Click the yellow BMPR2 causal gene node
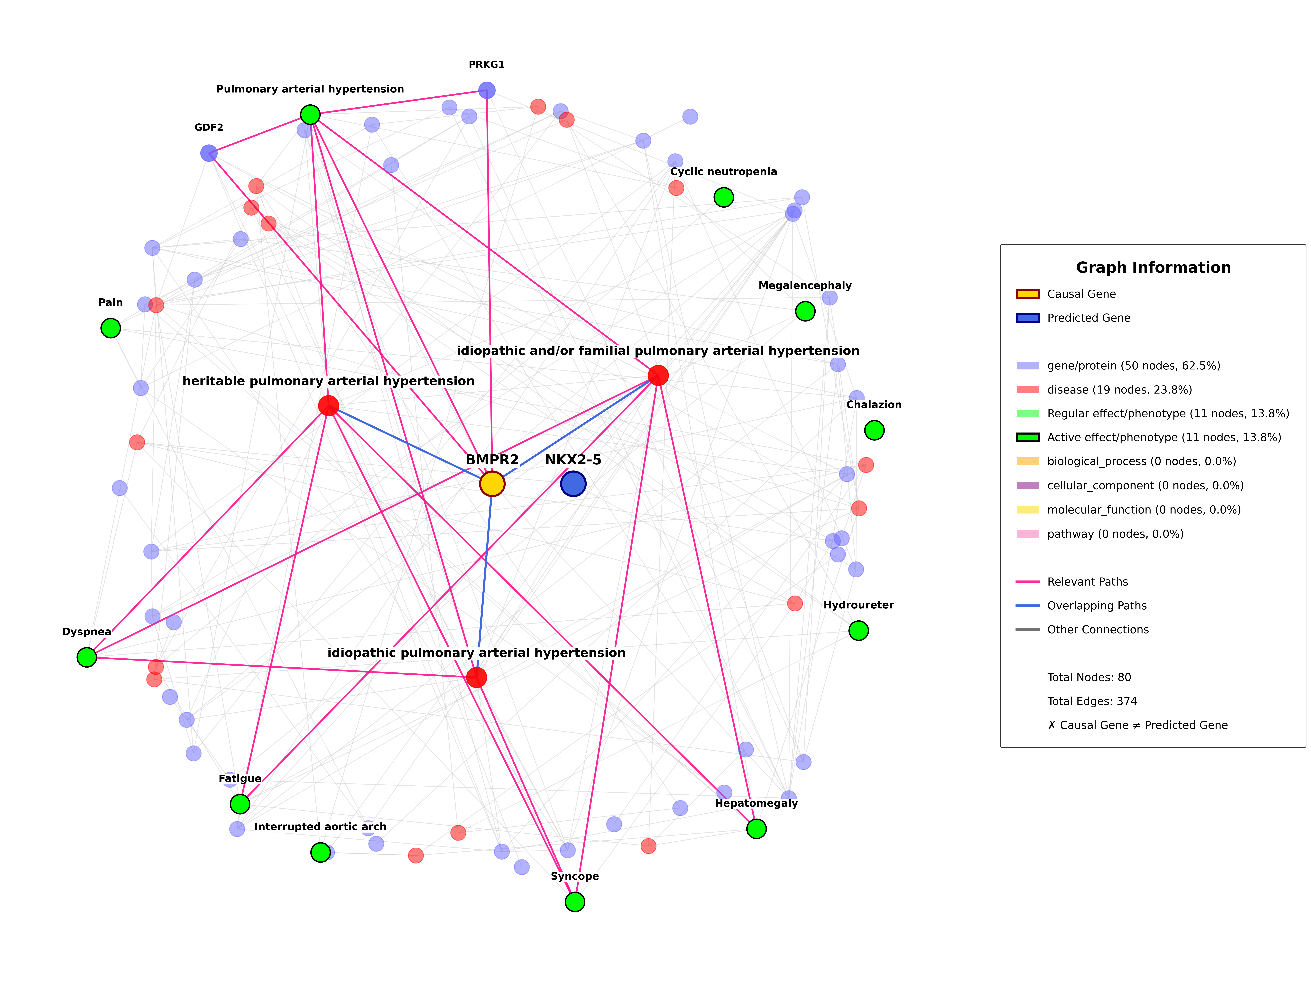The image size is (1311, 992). (492, 484)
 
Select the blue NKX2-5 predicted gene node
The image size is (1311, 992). (573, 484)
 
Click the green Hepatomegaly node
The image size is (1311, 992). (756, 828)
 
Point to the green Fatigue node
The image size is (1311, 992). (240, 804)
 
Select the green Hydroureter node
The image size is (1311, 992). (858, 631)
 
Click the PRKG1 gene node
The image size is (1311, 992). (487, 90)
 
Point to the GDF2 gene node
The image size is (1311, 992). (209, 153)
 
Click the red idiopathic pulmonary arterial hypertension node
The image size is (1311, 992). (477, 677)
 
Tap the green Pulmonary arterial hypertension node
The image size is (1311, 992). (310, 114)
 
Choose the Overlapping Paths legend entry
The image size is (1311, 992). (1096, 606)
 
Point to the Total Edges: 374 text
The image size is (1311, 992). (1092, 701)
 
